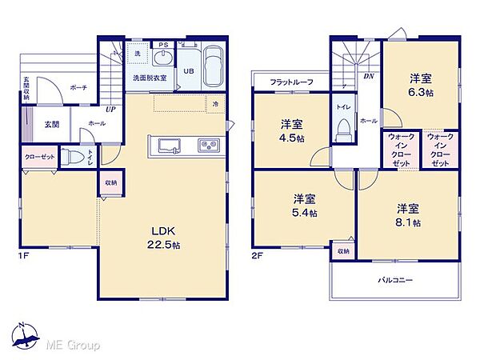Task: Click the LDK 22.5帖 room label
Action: (163, 239)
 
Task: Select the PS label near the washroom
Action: (163, 45)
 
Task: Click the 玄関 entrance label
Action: (51, 124)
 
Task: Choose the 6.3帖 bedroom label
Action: (421, 85)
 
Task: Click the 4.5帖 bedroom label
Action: (292, 130)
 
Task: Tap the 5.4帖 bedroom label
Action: (304, 206)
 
